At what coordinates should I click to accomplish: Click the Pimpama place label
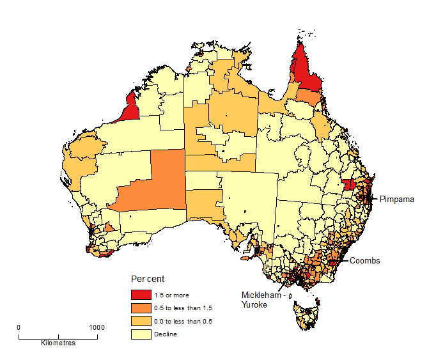(396, 199)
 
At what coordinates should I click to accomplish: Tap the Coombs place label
(365, 260)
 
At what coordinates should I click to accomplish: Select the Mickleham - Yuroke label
(260, 300)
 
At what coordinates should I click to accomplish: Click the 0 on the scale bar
(19, 327)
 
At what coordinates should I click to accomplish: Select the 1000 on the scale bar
(97, 327)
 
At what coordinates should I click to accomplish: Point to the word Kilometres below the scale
(58, 343)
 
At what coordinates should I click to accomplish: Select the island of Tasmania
(306, 316)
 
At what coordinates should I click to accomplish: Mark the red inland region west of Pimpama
(348, 185)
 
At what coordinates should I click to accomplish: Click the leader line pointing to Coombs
(344, 259)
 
